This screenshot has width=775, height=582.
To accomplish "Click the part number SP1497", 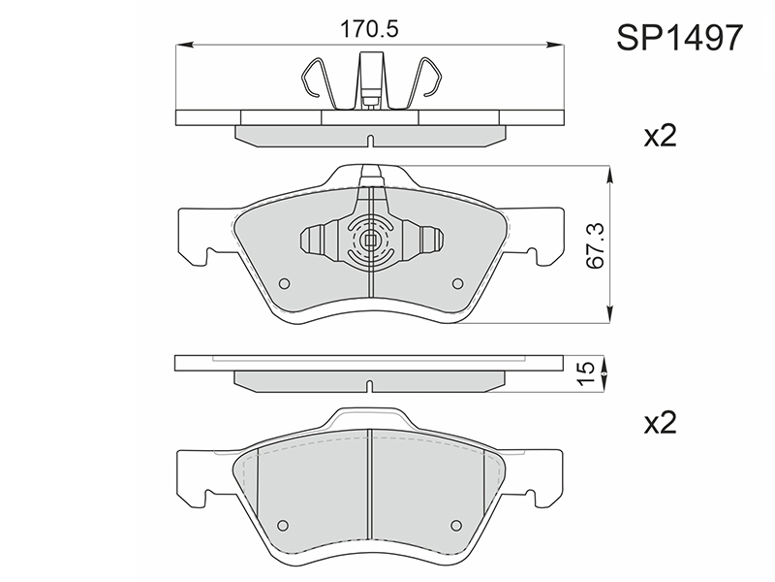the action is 680,38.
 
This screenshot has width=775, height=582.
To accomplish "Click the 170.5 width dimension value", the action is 369,30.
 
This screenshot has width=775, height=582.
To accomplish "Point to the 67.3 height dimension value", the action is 595,245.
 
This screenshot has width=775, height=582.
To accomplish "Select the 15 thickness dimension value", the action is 587,373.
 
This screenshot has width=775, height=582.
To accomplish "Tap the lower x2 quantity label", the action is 660,423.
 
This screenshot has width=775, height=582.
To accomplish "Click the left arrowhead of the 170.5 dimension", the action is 184,45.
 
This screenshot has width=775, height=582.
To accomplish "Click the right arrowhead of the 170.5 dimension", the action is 554,45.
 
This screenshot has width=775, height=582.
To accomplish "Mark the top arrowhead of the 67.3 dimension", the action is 610,174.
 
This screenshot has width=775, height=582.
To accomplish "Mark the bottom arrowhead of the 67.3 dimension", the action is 610,315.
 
